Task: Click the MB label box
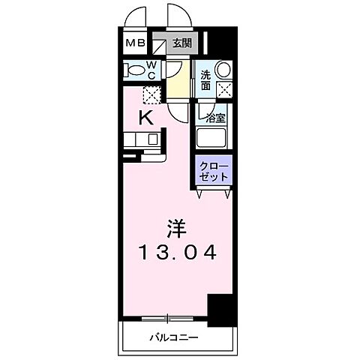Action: (x=135, y=43)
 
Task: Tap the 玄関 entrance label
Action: (x=181, y=43)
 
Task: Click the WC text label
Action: (x=151, y=70)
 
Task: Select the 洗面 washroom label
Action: (x=205, y=79)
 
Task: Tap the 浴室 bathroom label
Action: (x=216, y=118)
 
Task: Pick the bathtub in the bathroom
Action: (x=212, y=139)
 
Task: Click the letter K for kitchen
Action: (x=147, y=117)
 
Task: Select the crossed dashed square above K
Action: (x=151, y=95)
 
